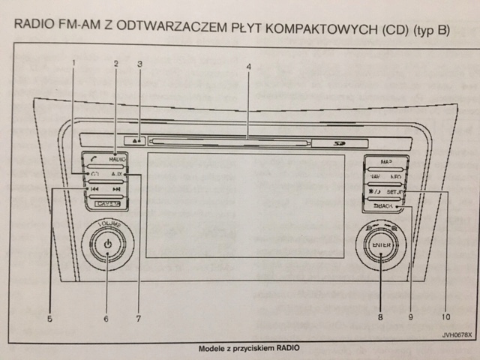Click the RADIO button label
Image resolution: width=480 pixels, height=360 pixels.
[117, 160]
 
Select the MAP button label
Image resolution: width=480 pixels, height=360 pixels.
[386, 161]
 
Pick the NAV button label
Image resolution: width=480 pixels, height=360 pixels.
[375, 177]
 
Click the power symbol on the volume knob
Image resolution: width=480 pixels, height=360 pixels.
[108, 244]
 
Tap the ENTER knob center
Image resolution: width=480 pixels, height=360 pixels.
[381, 244]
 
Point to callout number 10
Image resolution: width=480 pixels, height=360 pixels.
[448, 317]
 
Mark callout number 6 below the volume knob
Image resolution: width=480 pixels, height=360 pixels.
[106, 318]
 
